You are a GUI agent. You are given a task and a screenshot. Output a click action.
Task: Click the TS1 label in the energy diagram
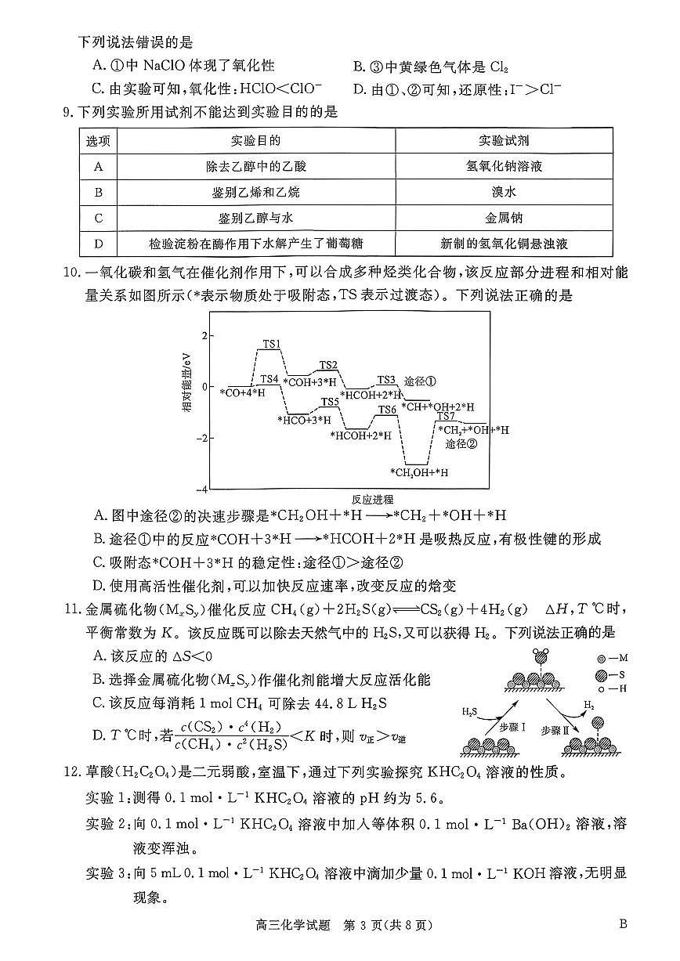click(x=272, y=344)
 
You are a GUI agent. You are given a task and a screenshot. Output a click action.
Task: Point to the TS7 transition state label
click(x=446, y=416)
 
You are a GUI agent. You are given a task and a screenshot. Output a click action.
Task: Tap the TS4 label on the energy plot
click(x=269, y=379)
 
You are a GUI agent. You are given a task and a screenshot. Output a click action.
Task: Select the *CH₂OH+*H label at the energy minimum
click(x=419, y=472)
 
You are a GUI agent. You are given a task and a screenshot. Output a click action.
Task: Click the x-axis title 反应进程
click(x=372, y=499)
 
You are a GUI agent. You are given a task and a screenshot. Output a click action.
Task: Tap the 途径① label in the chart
click(x=419, y=381)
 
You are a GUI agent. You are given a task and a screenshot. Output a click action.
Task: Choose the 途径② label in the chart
click(x=461, y=444)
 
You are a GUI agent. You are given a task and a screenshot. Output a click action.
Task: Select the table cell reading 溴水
click(x=503, y=192)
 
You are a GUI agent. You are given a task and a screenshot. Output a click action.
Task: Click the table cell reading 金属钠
click(x=503, y=218)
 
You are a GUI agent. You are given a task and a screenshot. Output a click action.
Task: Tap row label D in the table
click(x=98, y=244)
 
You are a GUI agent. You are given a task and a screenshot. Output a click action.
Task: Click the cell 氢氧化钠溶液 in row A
click(x=503, y=166)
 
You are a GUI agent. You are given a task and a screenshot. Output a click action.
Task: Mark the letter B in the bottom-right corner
click(x=623, y=923)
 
